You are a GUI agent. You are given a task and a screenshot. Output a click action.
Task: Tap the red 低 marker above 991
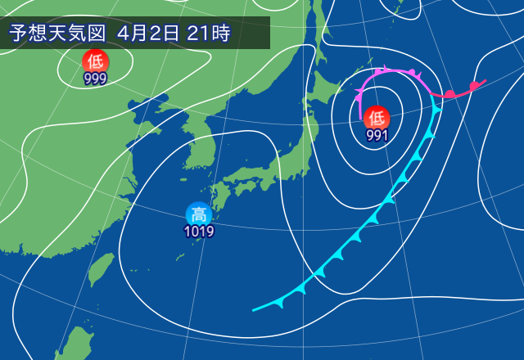pyautogui.click(x=377, y=117)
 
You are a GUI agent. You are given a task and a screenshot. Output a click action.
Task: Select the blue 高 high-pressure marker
pyautogui.click(x=198, y=214)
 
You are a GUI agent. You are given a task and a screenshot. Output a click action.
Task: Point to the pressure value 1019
pyautogui.click(x=198, y=232)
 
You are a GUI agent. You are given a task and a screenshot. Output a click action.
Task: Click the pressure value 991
pyautogui.click(x=377, y=135)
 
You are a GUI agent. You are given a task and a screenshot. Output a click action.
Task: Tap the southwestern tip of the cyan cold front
pyautogui.click(x=254, y=310)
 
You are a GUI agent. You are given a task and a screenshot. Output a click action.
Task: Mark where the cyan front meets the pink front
pyautogui.click(x=435, y=96)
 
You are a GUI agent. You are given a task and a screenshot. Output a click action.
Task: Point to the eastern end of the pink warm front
pyautogui.click(x=486, y=80)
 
